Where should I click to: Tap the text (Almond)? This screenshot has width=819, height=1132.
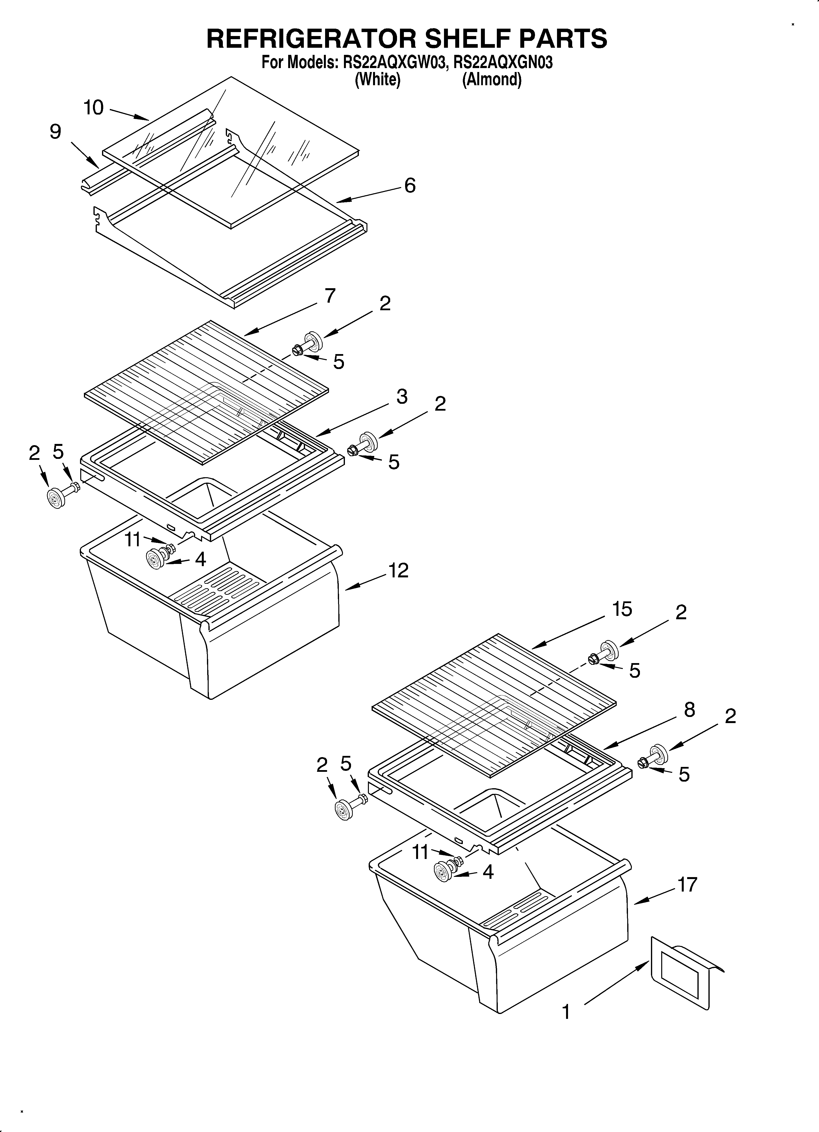(492, 79)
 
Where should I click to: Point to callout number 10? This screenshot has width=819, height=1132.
(94, 107)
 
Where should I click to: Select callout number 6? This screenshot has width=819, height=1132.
(409, 186)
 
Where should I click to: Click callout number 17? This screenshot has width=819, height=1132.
(687, 884)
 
